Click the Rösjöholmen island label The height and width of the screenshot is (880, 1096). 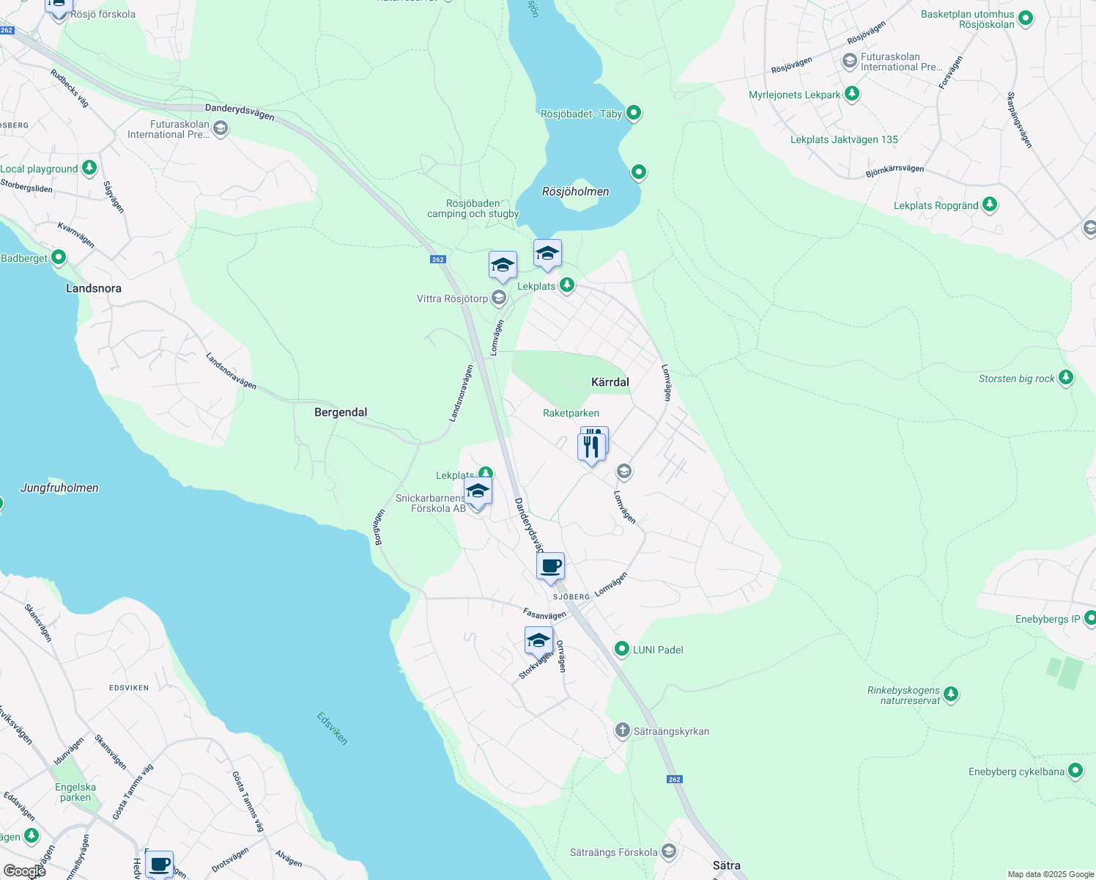tap(575, 191)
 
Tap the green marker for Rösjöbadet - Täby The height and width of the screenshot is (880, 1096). tap(634, 113)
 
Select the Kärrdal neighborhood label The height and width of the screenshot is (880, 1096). tap(610, 382)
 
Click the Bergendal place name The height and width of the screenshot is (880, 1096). tap(341, 412)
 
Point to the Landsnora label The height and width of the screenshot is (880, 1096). tap(94, 288)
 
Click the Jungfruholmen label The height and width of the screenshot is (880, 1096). tap(59, 488)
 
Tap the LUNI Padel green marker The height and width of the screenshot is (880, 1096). tap(622, 649)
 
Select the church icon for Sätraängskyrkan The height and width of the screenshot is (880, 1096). tap(622, 730)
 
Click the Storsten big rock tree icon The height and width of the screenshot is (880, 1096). tap(1066, 378)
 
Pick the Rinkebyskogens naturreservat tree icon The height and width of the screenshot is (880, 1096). tap(951, 693)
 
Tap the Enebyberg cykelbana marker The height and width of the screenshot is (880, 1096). tap(1075, 771)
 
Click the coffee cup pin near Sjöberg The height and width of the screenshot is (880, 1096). tap(550, 566)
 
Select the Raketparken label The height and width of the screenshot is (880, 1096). tap(571, 413)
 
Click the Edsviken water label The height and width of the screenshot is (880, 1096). tap(333, 727)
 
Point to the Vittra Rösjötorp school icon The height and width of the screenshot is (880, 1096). tap(499, 298)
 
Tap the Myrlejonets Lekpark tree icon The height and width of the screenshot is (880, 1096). tap(851, 94)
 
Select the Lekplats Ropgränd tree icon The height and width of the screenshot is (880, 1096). tap(990, 205)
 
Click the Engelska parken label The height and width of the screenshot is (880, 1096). tap(75, 792)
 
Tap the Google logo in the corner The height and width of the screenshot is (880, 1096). tap(25, 870)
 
